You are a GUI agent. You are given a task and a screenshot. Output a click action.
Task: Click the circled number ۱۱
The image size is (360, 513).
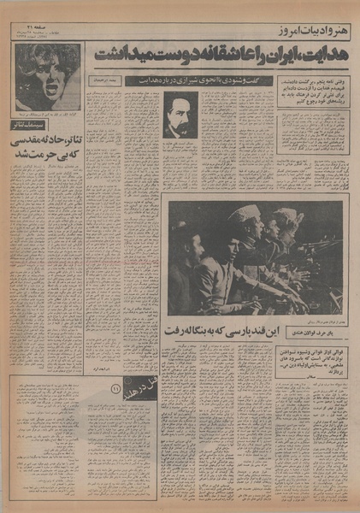coord(117,391)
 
